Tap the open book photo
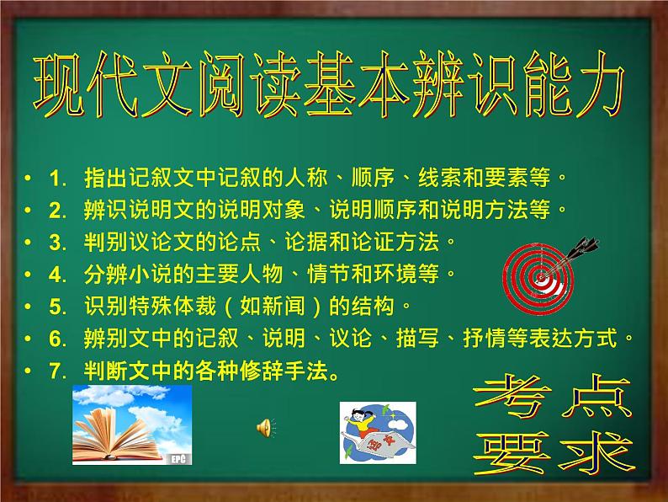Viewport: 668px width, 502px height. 132,425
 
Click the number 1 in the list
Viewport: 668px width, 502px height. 58,178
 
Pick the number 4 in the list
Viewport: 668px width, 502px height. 58,274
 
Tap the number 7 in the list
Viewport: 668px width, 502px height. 58,371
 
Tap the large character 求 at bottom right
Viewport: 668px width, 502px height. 596,453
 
